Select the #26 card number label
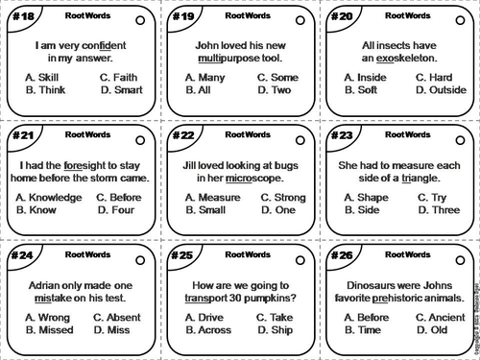coord(342,257)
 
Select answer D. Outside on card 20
coord(441,91)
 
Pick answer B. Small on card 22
coord(206,210)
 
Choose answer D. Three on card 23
coord(437,210)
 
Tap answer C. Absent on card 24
coord(122,317)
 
